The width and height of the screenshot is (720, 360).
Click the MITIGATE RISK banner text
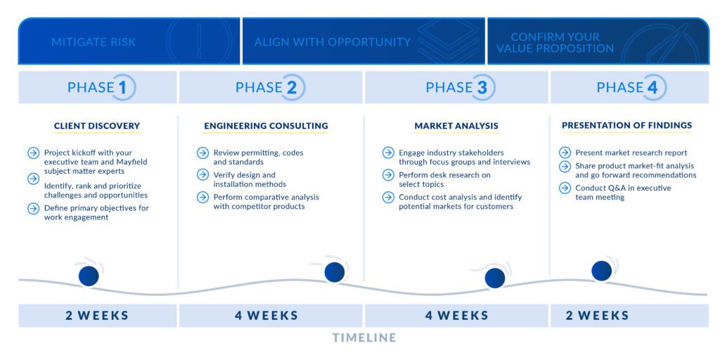tap(94, 42)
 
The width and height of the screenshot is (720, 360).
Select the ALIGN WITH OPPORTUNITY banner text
tap(333, 42)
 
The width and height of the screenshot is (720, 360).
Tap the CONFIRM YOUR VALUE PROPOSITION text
tap(555, 42)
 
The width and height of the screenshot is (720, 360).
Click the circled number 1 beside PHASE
tap(122, 87)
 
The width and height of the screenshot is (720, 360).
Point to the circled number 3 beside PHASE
tap(482, 87)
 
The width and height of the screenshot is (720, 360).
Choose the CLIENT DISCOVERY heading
tap(97, 126)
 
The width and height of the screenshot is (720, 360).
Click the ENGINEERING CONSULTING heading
tap(266, 126)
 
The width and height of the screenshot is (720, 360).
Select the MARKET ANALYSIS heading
tap(456, 126)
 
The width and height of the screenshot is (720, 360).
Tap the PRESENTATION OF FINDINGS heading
tap(626, 125)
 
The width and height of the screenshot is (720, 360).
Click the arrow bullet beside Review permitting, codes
tap(202, 153)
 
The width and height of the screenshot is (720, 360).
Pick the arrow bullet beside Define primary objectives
tap(34, 208)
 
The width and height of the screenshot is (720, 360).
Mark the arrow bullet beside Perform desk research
tap(388, 175)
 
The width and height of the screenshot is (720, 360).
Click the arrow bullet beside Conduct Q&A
tap(565, 188)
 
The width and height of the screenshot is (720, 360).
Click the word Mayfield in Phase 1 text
tap(132, 162)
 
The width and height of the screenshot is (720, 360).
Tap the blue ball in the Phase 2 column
tap(334, 272)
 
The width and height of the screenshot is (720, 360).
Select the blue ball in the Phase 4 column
tap(602, 271)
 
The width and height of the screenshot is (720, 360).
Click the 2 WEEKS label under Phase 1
tap(97, 316)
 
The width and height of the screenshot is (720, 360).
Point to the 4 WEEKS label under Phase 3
tap(457, 316)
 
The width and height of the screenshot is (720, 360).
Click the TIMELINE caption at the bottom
tap(364, 338)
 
